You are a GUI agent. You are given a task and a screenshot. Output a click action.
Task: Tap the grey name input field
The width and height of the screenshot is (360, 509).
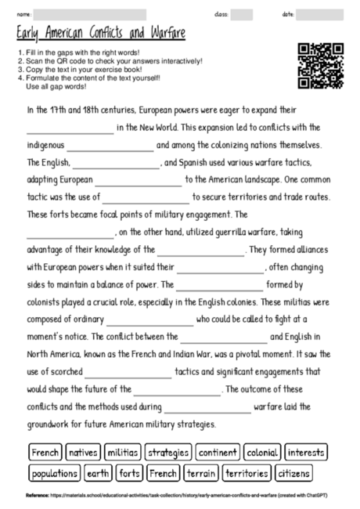click(90, 14)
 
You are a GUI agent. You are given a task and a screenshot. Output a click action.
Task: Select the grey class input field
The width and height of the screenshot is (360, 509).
click(242, 14)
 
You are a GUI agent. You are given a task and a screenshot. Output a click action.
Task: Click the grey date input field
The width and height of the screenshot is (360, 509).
click(319, 14)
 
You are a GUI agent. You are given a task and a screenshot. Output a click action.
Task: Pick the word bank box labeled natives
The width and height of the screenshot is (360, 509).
click(82, 453)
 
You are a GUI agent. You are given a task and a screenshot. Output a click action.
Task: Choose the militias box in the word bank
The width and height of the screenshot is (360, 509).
click(122, 453)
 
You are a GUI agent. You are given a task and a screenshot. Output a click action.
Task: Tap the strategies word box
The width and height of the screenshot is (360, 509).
click(167, 453)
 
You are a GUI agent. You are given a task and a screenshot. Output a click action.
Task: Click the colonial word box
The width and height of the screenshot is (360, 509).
click(261, 453)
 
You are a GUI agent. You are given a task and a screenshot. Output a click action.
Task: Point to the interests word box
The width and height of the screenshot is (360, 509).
click(306, 453)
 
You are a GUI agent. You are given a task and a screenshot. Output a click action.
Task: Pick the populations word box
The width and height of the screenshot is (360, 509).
click(55, 473)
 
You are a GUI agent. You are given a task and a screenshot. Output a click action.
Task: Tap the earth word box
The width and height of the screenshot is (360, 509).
click(98, 473)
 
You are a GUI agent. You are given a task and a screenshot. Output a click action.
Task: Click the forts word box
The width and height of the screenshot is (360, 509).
click(129, 473)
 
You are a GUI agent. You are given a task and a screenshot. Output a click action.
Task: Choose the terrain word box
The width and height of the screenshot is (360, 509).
click(201, 473)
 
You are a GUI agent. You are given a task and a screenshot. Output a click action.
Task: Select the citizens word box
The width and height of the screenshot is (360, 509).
click(294, 473)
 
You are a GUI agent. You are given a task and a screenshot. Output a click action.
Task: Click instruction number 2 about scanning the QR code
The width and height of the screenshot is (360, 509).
click(110, 60)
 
